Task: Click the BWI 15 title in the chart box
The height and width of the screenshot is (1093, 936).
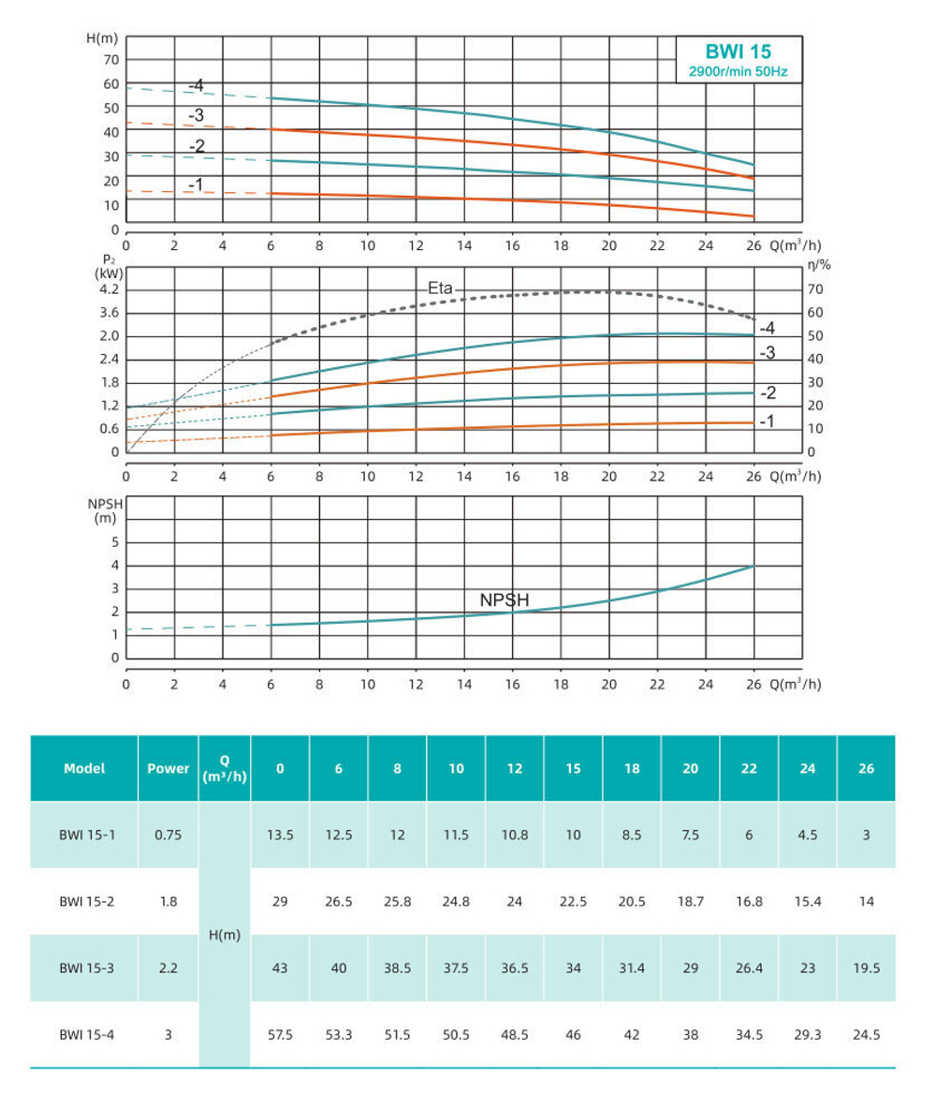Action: tap(738, 52)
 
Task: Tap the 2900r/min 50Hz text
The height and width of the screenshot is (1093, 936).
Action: tap(738, 71)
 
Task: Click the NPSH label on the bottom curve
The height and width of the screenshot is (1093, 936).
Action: tap(506, 600)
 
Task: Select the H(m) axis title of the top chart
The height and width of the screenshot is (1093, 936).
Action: tap(102, 38)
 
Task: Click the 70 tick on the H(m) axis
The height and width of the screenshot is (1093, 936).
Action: tap(111, 60)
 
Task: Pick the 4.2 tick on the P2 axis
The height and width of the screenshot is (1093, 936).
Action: tap(110, 290)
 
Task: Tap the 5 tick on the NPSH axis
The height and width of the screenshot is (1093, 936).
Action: tap(115, 542)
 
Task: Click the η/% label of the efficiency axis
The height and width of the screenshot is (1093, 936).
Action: tap(818, 265)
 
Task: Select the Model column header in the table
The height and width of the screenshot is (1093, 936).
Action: tap(84, 768)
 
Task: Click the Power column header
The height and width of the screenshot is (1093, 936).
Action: tap(168, 768)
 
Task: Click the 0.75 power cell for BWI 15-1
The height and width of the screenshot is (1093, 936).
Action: tap(168, 835)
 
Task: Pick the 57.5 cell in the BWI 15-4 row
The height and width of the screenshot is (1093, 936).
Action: tap(280, 1035)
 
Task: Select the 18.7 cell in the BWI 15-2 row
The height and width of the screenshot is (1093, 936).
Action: tap(690, 901)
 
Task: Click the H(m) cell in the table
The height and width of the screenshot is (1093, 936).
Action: tap(224, 935)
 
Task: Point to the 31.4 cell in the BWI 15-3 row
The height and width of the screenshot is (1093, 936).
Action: tap(632, 968)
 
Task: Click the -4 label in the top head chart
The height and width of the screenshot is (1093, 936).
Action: tap(196, 86)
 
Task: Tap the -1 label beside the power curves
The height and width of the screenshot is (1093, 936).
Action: tap(767, 422)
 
